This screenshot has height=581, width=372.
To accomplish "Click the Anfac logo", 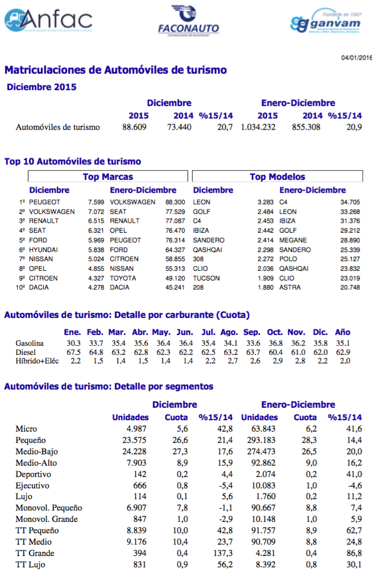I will tap(48, 20).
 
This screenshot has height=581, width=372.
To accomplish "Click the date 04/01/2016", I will tap(356, 58).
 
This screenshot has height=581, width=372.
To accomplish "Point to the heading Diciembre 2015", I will tap(41, 87).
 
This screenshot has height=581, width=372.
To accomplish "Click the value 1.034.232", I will tap(258, 127).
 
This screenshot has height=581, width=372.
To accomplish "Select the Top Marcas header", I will tap(108, 177).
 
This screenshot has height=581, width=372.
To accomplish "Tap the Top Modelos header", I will tap(277, 177).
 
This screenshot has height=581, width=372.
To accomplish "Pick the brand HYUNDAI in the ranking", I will tap(44, 250).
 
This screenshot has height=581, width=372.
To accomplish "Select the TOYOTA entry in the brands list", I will tap(124, 278).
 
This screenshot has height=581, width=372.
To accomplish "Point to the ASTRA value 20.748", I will tap(350, 288).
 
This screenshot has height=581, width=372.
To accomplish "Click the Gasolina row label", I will tap(30, 343).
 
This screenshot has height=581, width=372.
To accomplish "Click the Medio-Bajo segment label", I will tap(37, 452).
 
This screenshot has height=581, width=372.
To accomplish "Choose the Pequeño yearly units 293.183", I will tap(259, 440).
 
